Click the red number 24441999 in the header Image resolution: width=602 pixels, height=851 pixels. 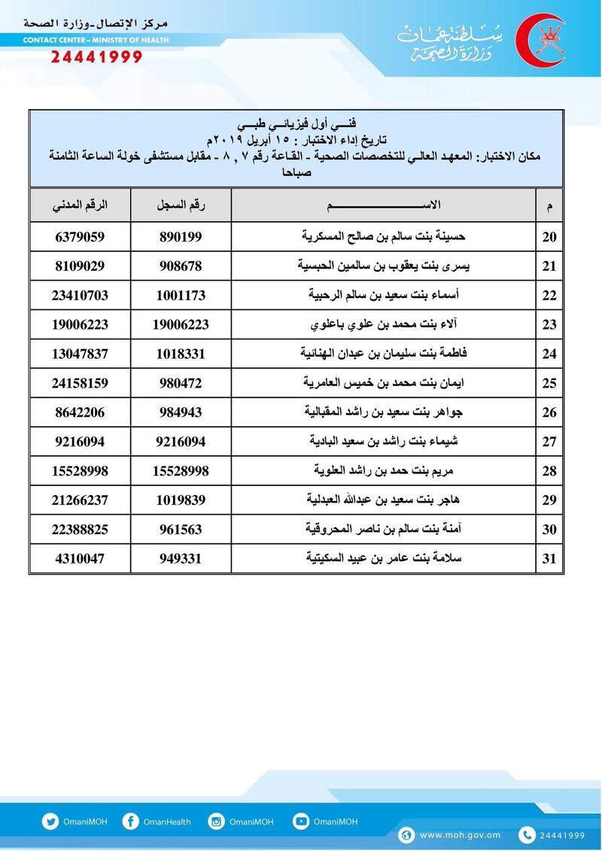96,57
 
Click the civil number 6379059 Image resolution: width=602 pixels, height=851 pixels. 80,237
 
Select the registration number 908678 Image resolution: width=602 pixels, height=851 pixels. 181,266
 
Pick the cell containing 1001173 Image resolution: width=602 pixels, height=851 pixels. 181,296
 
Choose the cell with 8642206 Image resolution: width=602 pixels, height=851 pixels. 80,412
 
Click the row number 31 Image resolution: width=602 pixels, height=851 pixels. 549,559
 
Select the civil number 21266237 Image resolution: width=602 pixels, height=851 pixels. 80,500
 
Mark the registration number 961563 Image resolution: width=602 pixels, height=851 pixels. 181,530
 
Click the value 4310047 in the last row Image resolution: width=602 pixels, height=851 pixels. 80,559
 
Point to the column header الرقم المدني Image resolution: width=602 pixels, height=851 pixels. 80,205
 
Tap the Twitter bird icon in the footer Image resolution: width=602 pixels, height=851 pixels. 50,822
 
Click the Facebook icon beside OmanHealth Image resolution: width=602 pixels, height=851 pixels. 130,822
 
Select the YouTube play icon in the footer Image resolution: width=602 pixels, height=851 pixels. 301,822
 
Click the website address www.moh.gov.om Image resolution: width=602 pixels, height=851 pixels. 460,835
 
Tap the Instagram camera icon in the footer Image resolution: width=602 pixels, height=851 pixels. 217,822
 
